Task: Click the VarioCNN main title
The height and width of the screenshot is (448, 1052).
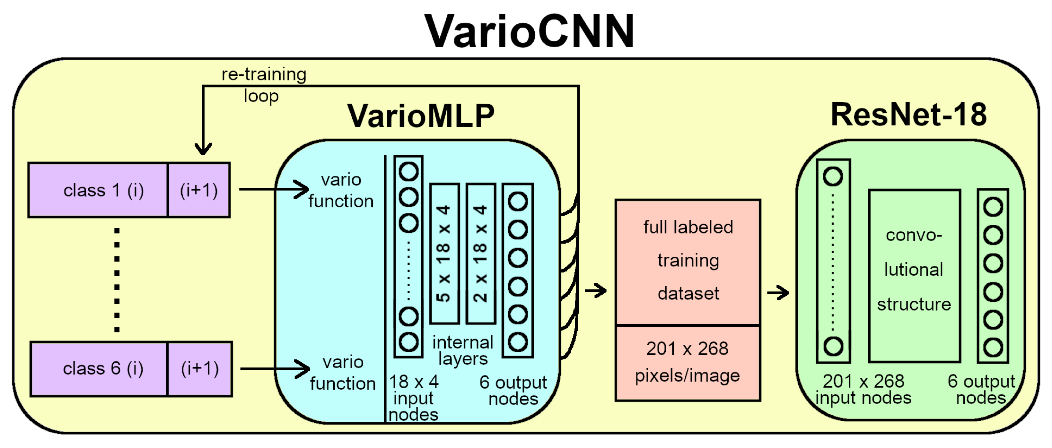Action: click(529, 32)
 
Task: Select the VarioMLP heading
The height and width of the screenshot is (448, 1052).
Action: click(421, 116)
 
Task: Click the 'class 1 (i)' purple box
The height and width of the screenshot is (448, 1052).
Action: click(98, 190)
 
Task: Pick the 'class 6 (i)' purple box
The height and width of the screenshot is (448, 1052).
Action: click(99, 369)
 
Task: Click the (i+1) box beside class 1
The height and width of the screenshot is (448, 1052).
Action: click(199, 190)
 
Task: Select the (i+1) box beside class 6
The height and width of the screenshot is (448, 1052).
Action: click(200, 369)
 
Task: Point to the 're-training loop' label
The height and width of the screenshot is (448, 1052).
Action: click(263, 85)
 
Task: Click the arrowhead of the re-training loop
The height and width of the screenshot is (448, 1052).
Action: click(203, 149)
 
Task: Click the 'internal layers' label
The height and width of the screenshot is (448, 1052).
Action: click(462, 350)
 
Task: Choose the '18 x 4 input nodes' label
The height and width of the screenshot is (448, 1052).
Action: click(413, 398)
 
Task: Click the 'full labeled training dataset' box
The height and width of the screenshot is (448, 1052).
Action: click(688, 261)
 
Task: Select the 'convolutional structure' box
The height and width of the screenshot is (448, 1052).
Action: click(914, 276)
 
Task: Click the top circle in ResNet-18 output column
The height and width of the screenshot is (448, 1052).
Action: click(993, 207)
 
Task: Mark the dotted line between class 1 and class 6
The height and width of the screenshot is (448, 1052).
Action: click(117, 280)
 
